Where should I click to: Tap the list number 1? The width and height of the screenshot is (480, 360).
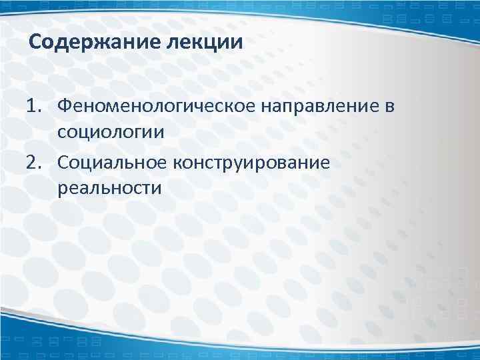click(33, 105)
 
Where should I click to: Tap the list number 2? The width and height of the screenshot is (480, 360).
click(33, 162)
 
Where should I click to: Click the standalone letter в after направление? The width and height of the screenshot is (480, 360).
click(389, 106)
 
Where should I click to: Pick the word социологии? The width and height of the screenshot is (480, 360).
click(111, 131)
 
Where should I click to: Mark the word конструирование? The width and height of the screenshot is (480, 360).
click(251, 162)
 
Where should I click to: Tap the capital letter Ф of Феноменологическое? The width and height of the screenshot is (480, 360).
click(65, 105)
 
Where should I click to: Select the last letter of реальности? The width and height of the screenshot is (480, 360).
click(157, 188)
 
